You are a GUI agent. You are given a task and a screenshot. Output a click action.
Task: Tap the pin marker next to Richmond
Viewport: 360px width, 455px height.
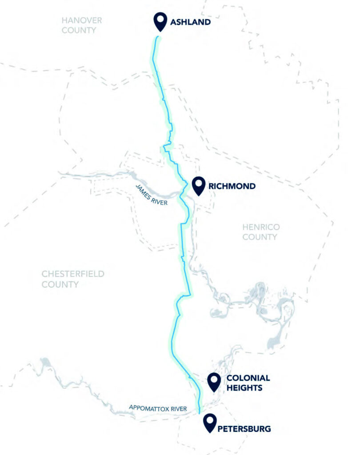click(x=198, y=185)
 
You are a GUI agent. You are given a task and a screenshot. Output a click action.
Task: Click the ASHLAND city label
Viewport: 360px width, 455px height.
click(x=190, y=22)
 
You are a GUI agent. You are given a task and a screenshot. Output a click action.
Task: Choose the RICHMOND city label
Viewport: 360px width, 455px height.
click(x=232, y=186)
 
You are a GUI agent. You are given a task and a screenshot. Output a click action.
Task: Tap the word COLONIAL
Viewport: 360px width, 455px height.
click(x=248, y=378)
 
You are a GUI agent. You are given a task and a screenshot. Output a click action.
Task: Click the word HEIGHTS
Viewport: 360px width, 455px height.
click(x=244, y=388)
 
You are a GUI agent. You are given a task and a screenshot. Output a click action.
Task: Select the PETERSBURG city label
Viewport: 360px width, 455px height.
click(x=244, y=429)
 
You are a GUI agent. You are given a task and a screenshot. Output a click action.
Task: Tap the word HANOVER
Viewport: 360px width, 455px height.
click(x=82, y=21)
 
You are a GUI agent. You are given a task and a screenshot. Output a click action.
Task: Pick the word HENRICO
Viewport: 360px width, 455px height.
click(x=261, y=227)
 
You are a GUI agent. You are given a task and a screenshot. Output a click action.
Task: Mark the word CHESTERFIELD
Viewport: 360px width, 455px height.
click(x=73, y=274)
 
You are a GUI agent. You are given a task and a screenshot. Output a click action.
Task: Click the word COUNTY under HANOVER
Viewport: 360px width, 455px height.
click(x=79, y=30)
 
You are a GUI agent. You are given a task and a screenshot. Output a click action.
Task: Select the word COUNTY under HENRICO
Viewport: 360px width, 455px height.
click(x=260, y=237)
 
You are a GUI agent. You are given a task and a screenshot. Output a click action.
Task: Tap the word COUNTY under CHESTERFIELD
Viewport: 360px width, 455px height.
click(x=60, y=284)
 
